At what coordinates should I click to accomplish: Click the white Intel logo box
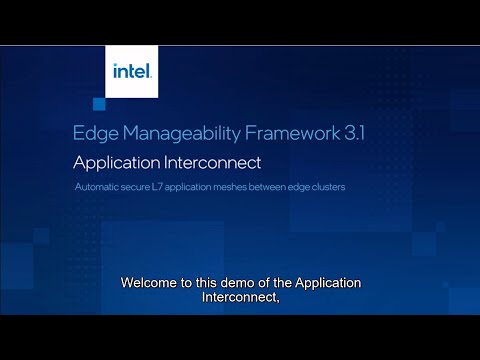[131, 71]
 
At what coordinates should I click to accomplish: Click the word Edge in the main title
[93, 132]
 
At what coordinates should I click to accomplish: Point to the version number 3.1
[356, 132]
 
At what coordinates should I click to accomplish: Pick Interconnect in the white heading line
[217, 162]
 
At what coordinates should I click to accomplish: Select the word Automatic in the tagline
[100, 187]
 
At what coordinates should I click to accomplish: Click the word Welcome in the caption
[150, 283]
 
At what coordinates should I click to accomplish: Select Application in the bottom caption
[326, 283]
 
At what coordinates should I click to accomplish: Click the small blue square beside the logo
[99, 104]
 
